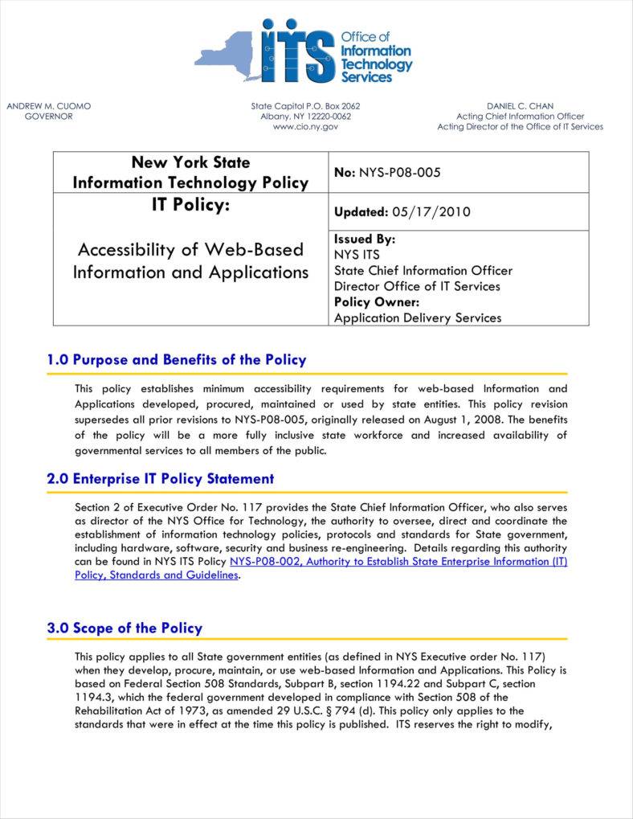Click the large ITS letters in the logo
[x=296, y=51]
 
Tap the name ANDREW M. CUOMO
[x=49, y=106]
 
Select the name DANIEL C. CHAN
[x=520, y=106]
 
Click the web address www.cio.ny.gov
[x=305, y=127]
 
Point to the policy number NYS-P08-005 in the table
[x=399, y=172]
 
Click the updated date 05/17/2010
[x=431, y=212]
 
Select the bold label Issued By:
[x=365, y=240]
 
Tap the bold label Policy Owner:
[x=377, y=302]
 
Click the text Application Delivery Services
[x=417, y=317]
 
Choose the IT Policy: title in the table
[x=190, y=206]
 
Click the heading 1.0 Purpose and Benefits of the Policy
[x=176, y=359]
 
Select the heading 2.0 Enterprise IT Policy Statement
[x=160, y=478]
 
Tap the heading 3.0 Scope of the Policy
[x=125, y=628]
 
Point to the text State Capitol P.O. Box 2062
[x=305, y=106]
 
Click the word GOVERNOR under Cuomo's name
[x=49, y=117]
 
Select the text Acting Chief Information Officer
[x=520, y=117]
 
